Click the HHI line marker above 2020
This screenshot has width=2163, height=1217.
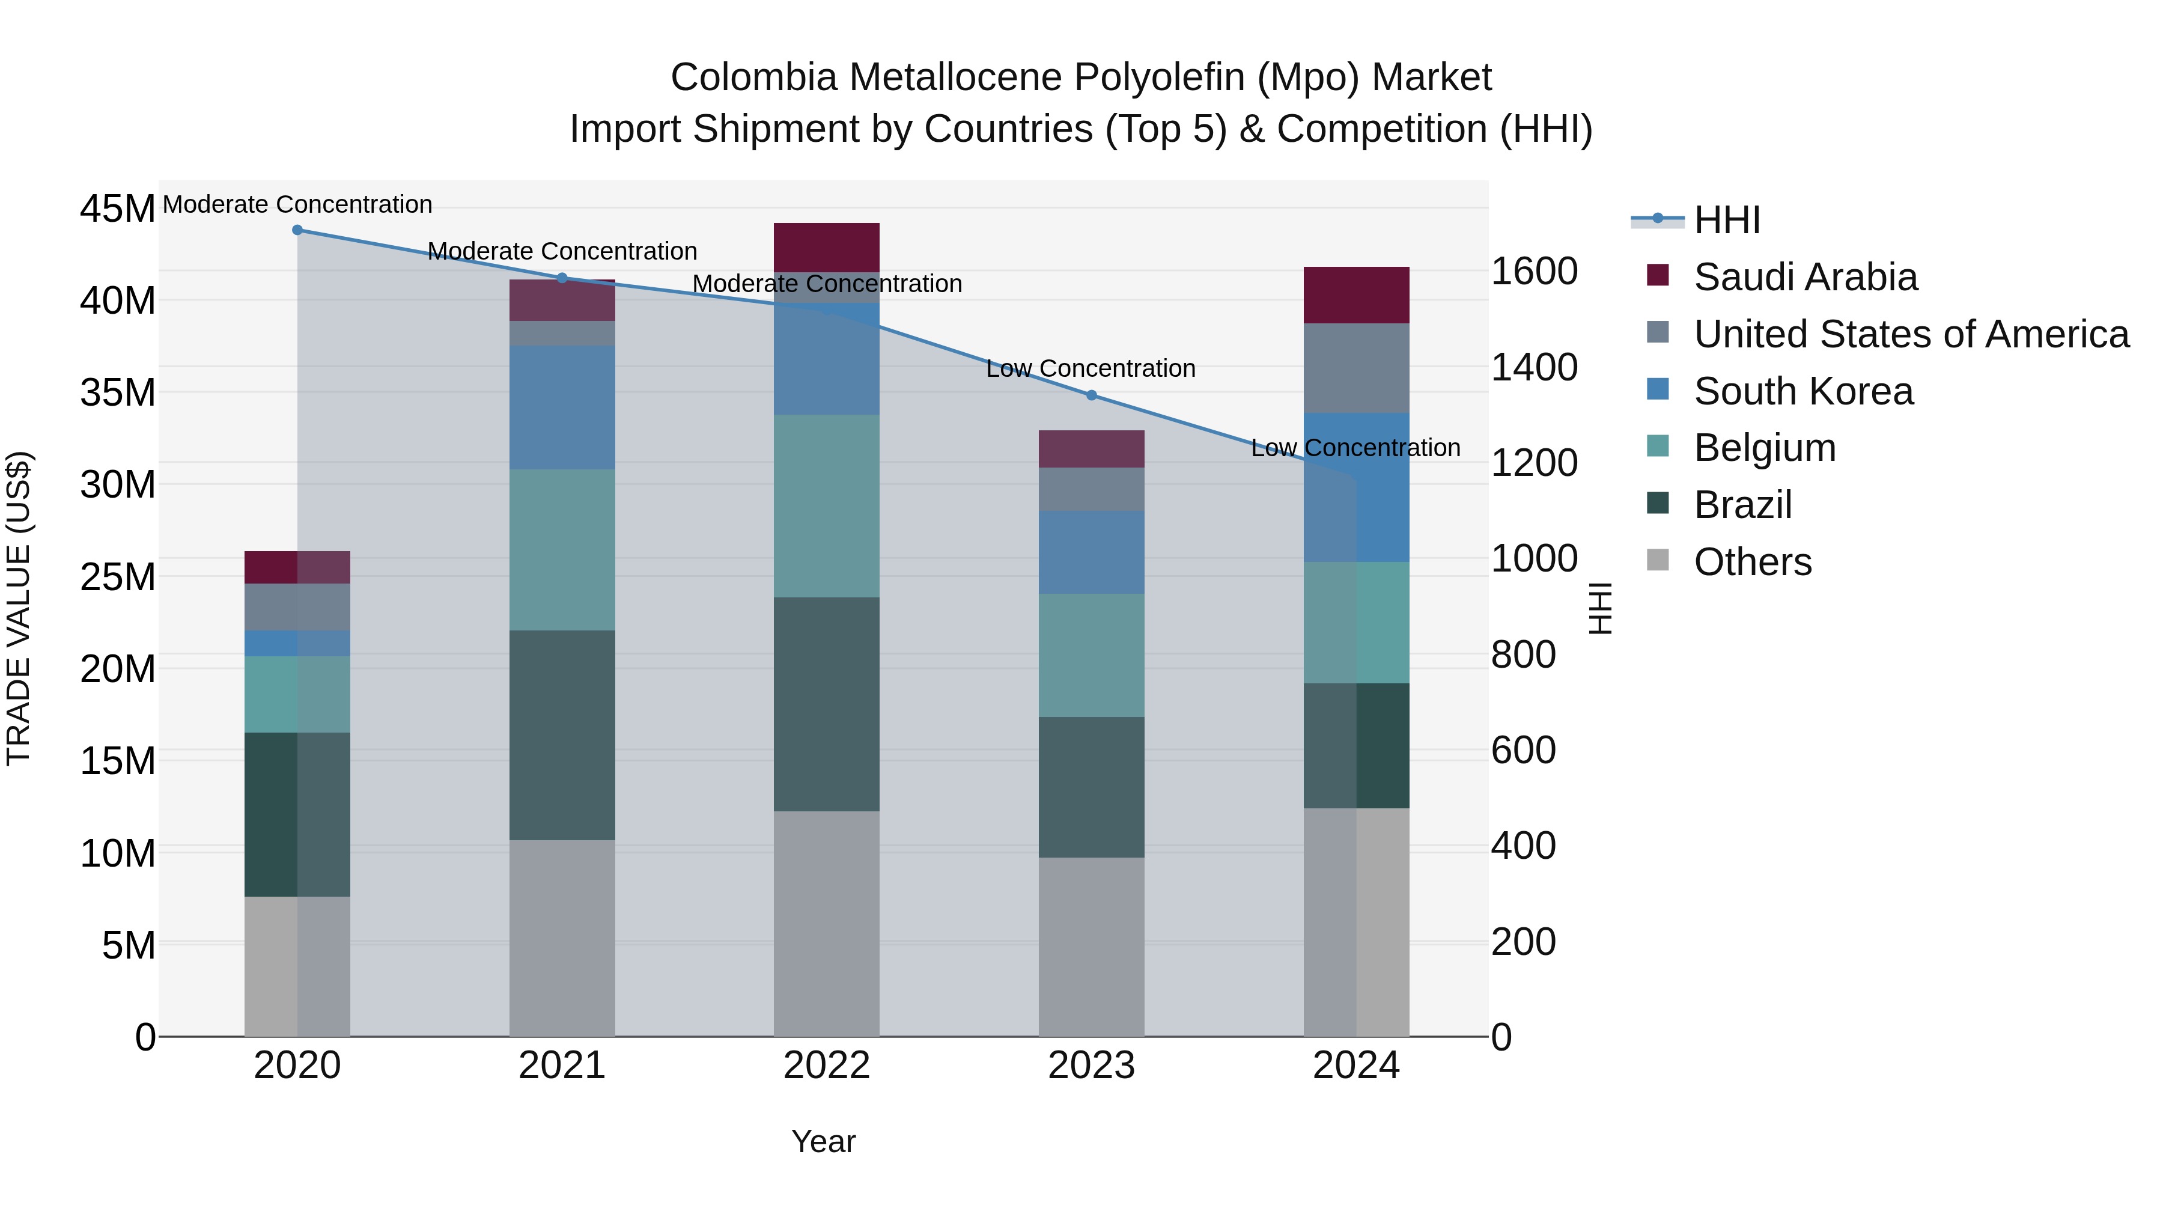[297, 230]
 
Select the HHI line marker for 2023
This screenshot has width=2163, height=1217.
[1092, 395]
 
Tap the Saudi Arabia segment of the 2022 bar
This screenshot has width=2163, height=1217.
[826, 247]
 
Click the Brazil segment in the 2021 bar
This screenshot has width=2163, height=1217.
[562, 735]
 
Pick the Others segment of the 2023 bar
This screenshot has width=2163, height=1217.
[1092, 947]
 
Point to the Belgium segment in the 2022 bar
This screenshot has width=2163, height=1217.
[826, 505]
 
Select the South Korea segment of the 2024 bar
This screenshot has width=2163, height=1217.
[1356, 487]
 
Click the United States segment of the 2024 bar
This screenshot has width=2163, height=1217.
[1356, 368]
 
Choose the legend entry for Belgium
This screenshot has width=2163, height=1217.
[1764, 448]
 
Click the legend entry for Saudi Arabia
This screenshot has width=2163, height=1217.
[1806, 276]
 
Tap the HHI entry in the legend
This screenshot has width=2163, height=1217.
[1726, 220]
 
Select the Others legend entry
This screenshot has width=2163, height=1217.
[1753, 562]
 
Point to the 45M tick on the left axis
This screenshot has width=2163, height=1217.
[118, 209]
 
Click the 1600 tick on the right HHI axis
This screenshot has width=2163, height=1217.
[1534, 271]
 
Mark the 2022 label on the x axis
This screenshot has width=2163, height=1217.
[826, 1066]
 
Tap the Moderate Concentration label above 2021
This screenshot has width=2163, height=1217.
[562, 251]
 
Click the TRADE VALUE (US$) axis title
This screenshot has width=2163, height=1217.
[19, 608]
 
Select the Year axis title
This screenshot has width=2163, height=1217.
[823, 1141]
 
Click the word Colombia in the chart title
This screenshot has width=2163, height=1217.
[753, 78]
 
